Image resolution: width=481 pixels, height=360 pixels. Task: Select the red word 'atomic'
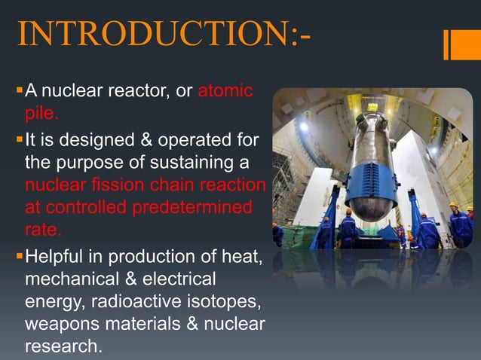[225, 92]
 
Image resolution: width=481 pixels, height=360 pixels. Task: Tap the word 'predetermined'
[192, 207]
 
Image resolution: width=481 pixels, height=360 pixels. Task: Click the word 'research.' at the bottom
[61, 348]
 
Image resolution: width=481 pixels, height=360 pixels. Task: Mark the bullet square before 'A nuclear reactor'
[18, 92]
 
